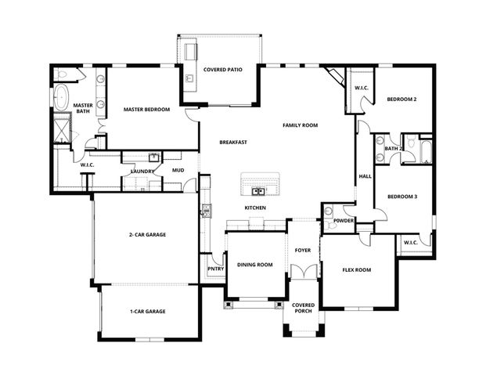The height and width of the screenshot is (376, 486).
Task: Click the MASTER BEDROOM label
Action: (x=146, y=110)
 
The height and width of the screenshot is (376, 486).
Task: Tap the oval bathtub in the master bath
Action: (x=62, y=97)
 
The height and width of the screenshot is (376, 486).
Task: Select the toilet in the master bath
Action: (x=63, y=75)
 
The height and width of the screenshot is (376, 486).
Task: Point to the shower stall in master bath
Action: (x=62, y=127)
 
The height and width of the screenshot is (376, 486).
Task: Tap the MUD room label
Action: (x=178, y=170)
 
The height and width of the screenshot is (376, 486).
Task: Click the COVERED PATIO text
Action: (x=222, y=70)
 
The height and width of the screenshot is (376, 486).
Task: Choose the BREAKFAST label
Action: (x=233, y=142)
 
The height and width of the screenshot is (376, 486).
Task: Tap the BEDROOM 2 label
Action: (x=401, y=99)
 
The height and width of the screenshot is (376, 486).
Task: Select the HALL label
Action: (x=365, y=176)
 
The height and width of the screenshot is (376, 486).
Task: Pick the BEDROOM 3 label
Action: (x=401, y=197)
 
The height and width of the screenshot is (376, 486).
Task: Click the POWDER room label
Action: (x=344, y=221)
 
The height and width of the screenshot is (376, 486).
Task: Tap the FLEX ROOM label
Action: (x=356, y=269)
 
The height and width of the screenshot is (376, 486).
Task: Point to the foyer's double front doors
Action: (x=302, y=272)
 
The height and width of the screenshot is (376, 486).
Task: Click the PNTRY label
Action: (x=215, y=269)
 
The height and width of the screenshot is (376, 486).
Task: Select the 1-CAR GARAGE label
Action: (x=147, y=311)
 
